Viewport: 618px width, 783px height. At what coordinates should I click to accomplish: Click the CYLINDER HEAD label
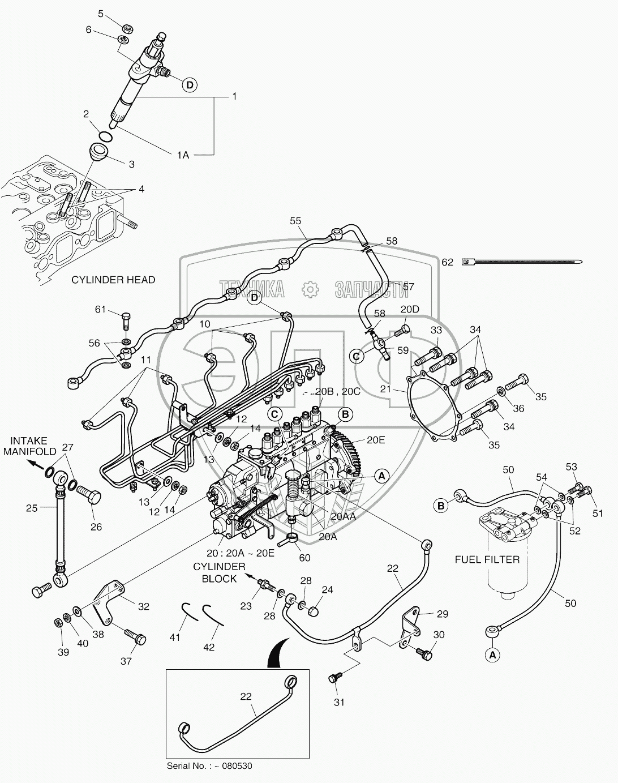113,280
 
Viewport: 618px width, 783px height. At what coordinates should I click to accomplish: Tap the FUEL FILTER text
487,559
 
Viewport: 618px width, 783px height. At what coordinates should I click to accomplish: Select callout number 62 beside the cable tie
448,262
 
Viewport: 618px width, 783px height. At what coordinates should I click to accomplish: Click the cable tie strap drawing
522,262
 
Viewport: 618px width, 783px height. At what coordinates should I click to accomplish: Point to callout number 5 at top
101,14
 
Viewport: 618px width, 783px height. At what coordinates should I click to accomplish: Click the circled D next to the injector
190,85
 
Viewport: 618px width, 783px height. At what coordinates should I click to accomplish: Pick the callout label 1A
183,155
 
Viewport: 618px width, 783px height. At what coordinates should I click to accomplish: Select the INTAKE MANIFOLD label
29,446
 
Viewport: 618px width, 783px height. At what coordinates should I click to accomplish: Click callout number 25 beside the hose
32,508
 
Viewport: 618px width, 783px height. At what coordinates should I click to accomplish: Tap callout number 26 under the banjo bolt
96,527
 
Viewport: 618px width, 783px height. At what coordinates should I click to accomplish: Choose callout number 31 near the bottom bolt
339,712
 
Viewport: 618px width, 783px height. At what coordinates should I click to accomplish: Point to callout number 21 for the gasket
385,390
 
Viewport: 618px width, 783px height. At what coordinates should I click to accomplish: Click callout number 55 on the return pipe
296,221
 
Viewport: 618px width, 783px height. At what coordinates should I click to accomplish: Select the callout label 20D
410,309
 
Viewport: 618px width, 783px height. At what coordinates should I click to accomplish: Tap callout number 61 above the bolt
100,309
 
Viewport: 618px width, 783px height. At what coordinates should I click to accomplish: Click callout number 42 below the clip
209,647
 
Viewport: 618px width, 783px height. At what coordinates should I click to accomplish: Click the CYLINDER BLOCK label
220,573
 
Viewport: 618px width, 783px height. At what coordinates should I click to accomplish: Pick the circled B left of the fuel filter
441,506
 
